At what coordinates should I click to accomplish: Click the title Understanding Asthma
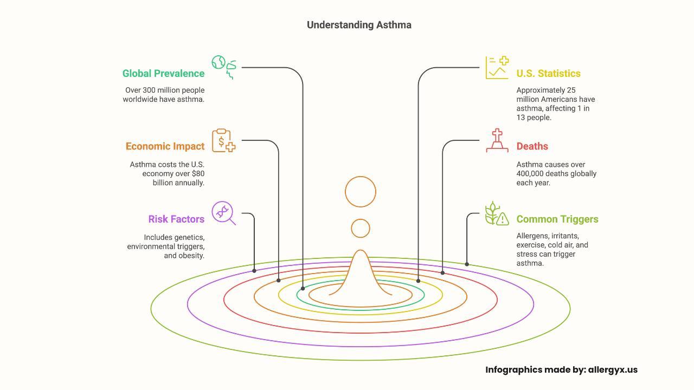[x=359, y=25]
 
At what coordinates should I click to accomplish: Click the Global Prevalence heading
[x=163, y=74]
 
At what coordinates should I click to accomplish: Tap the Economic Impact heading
[x=165, y=146]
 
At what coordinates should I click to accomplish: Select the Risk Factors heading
[x=176, y=219]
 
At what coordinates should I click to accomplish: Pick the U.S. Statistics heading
[x=548, y=74]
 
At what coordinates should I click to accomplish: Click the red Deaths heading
[x=532, y=146]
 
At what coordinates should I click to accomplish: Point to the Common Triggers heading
[x=557, y=219]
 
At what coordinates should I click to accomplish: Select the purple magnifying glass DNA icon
[x=223, y=213]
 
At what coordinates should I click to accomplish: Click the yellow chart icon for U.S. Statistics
[x=497, y=68]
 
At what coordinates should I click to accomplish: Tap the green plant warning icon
[x=497, y=213]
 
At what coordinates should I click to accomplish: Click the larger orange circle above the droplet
[x=361, y=192]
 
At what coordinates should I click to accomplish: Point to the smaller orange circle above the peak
[x=361, y=229]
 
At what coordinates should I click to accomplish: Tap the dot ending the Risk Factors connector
[x=254, y=271]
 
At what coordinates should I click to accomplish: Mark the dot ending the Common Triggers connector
[x=467, y=264]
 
